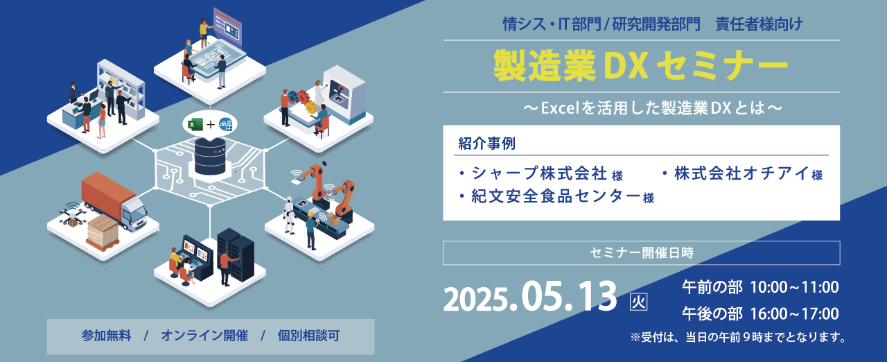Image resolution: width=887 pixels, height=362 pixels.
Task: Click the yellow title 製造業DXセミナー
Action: click(641, 66)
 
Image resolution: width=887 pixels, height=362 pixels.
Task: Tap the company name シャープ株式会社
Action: click(533, 173)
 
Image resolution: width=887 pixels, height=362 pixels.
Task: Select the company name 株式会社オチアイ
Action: click(735, 173)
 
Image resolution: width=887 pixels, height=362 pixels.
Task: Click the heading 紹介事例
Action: click(486, 144)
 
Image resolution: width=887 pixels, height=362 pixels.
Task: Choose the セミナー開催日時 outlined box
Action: click(641, 253)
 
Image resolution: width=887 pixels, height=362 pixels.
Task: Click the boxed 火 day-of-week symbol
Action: click(638, 302)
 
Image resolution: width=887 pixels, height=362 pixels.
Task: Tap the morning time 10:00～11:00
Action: click(794, 287)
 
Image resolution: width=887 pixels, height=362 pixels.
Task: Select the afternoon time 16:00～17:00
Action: click(794, 313)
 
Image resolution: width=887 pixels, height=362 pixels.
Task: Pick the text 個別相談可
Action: click(308, 336)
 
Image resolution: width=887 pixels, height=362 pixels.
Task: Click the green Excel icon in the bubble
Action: click(195, 124)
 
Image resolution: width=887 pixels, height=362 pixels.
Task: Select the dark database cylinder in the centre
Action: click(210, 157)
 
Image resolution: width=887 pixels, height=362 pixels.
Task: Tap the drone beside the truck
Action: click(71, 213)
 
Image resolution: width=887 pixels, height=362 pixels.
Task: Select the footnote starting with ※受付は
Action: click(737, 338)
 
